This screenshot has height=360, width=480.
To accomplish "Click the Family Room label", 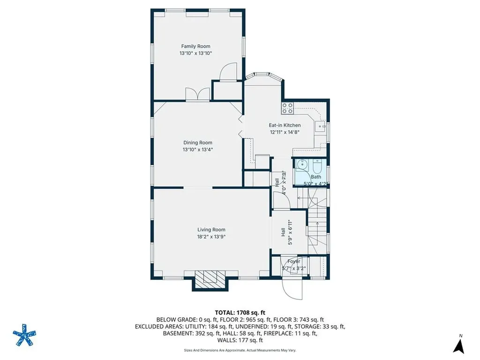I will pyautogui.click(x=195, y=46).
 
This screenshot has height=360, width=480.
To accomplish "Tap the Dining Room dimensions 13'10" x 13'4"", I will pyautogui.click(x=197, y=150).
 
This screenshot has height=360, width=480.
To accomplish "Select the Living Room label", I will pyautogui.click(x=211, y=230).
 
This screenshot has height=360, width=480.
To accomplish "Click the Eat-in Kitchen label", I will pyautogui.click(x=285, y=125).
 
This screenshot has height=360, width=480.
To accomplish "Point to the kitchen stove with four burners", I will pyautogui.click(x=287, y=108).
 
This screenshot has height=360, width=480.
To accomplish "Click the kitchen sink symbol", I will pyautogui.click(x=321, y=126).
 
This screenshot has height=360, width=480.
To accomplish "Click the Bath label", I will pyautogui.click(x=316, y=177).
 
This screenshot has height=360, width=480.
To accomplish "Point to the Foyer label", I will pyautogui.click(x=294, y=261).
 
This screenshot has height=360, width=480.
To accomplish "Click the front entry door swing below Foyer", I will pyautogui.click(x=293, y=287).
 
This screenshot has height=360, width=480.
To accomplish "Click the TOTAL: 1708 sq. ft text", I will pyautogui.click(x=240, y=312).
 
